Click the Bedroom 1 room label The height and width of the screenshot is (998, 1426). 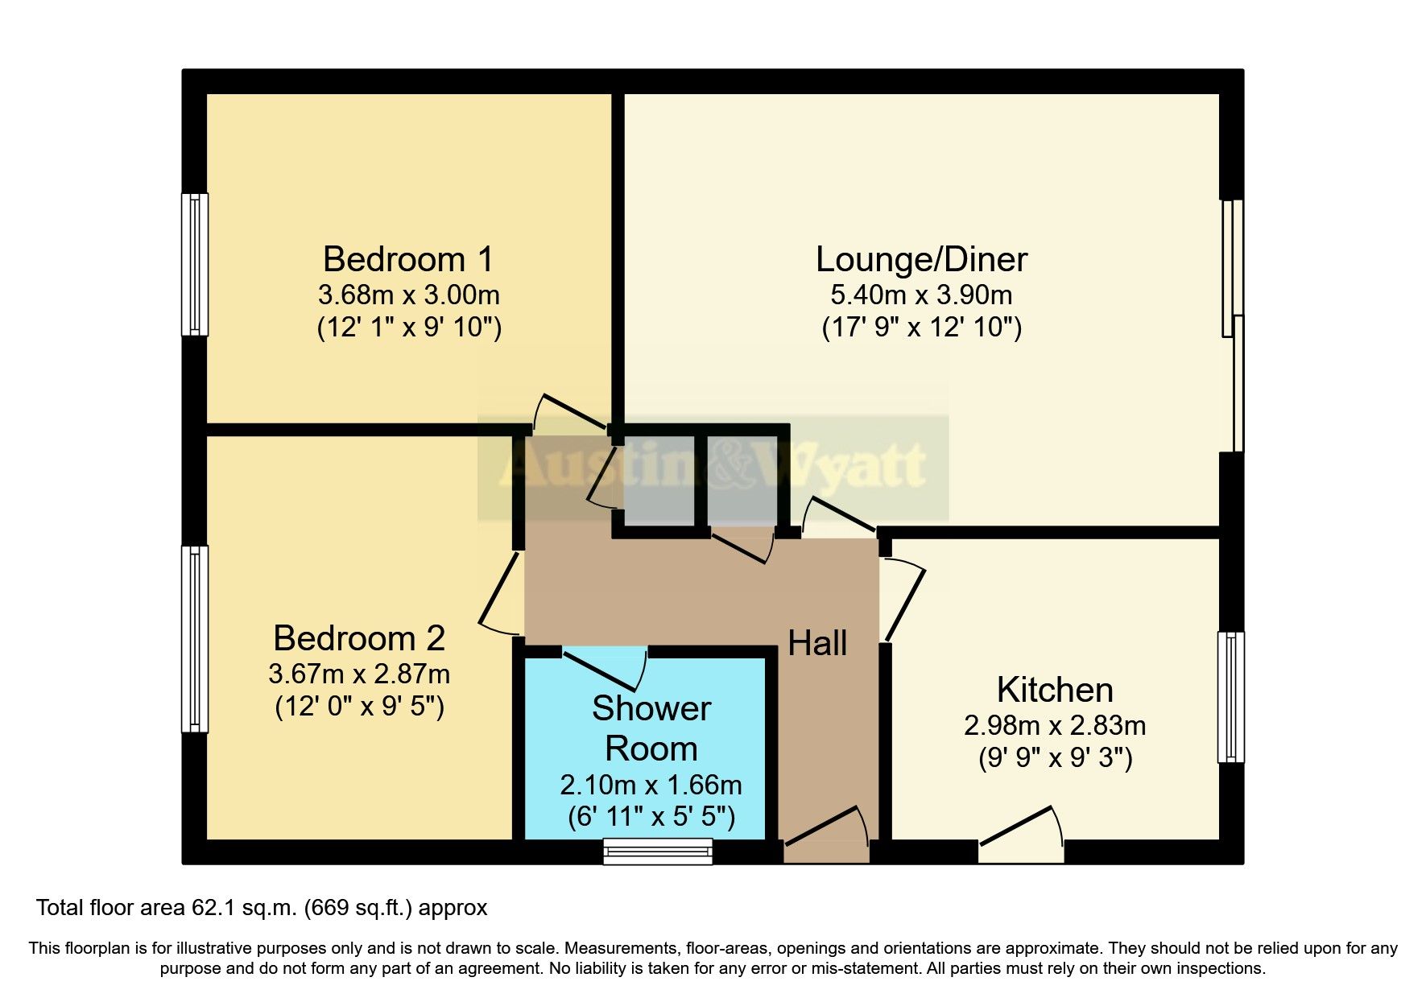[x=408, y=259]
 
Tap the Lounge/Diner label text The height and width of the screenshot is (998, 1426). [x=921, y=259]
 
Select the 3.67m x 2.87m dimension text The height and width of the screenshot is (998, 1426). [x=359, y=673]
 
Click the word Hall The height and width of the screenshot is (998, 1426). [x=817, y=643]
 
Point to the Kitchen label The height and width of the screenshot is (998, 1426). [x=1055, y=690]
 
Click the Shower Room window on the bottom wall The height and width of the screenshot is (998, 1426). [x=658, y=851]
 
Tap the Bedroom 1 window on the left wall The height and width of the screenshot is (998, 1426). [x=194, y=264]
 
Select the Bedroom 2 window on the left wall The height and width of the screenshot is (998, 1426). [x=194, y=639]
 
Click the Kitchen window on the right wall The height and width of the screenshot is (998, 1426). [x=1230, y=697]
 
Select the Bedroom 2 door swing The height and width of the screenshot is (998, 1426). [x=501, y=596]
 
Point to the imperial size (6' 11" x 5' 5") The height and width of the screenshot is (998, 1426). [x=651, y=818]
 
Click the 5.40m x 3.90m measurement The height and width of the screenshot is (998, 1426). [x=921, y=295]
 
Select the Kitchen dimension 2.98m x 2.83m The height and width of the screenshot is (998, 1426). [x=1055, y=725]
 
